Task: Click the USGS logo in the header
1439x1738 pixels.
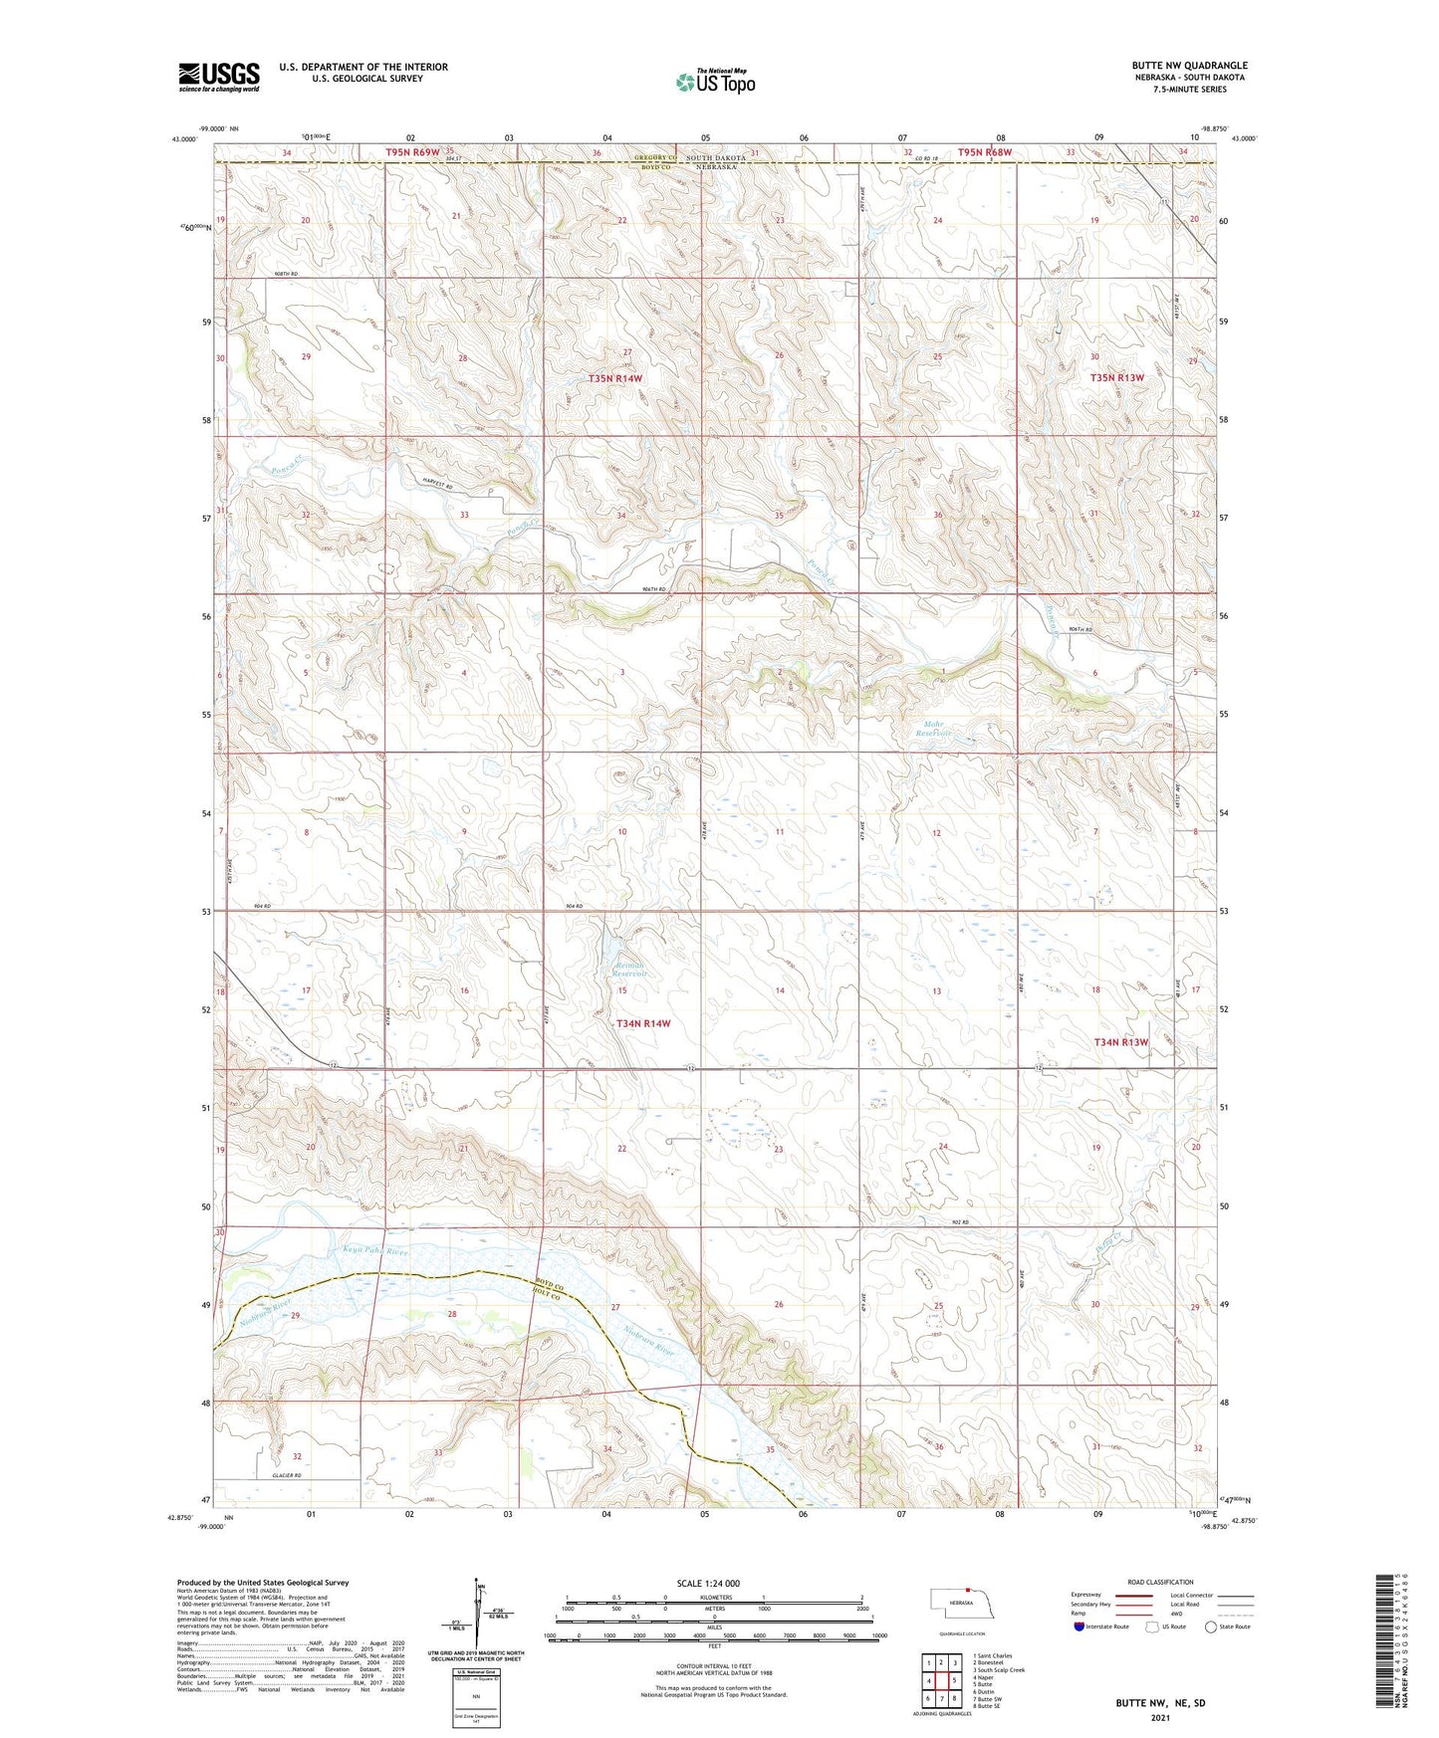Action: [219, 76]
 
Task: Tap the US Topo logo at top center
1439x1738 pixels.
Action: [715, 82]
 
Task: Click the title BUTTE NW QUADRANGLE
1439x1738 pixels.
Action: [1181, 65]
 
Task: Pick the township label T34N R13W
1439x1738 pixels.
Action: [1121, 1041]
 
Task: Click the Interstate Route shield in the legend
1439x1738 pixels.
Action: [1079, 1627]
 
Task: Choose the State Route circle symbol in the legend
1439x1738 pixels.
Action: [1211, 1627]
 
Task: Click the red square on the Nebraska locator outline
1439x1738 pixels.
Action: [967, 1590]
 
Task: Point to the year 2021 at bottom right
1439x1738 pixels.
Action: [1159, 1717]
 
